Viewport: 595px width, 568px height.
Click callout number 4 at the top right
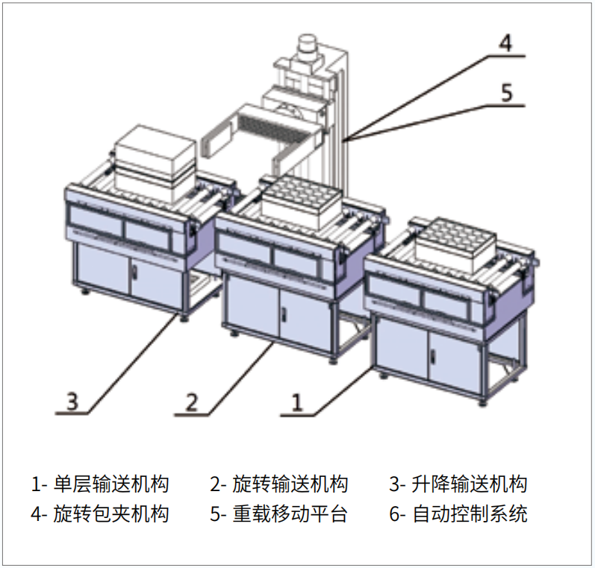click(505, 43)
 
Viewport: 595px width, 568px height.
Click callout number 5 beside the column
click(507, 93)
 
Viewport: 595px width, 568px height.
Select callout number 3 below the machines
click(72, 401)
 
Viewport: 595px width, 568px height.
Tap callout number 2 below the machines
click(192, 402)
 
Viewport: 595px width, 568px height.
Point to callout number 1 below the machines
click(296, 402)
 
